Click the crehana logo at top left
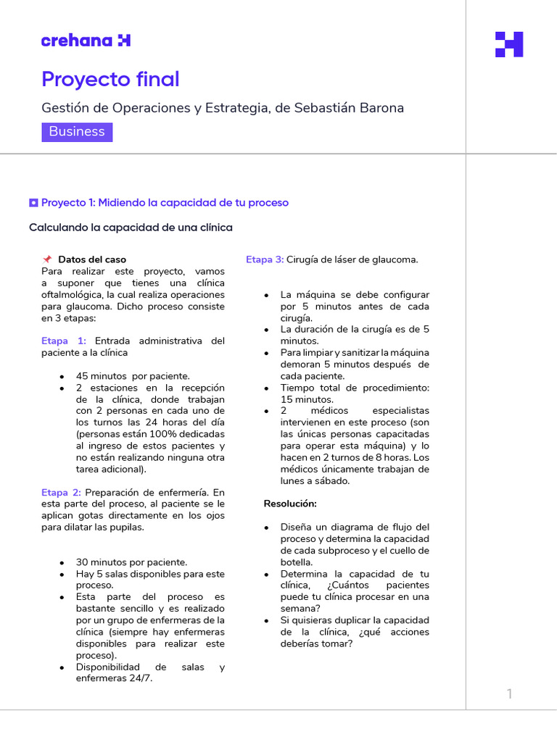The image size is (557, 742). click(86, 41)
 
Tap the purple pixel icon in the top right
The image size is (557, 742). click(508, 44)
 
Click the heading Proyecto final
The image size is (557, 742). click(110, 79)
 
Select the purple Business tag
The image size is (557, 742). click(77, 132)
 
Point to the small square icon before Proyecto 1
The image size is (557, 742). click(33, 203)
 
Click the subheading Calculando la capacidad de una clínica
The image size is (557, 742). click(131, 228)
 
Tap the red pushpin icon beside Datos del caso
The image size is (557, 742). click(47, 259)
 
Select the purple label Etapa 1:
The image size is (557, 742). click(64, 341)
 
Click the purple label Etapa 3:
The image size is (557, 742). click(265, 259)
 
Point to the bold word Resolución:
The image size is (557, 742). click(290, 504)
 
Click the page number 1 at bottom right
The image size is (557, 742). click(509, 694)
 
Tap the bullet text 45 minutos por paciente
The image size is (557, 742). click(133, 376)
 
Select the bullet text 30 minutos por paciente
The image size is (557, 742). click(131, 562)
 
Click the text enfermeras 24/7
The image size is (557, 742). click(114, 679)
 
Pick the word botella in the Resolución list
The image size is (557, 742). click(297, 562)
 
